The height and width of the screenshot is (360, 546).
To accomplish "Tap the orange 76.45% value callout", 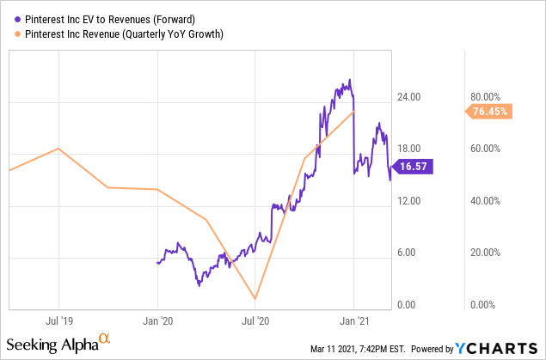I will (x=488, y=111).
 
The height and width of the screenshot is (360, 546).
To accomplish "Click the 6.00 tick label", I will (x=414, y=253).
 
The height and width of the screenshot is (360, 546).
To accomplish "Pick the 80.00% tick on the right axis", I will (x=484, y=97).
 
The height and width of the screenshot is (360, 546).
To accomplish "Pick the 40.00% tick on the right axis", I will (x=484, y=201).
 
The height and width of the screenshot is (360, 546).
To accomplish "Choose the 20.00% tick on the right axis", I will (x=484, y=253).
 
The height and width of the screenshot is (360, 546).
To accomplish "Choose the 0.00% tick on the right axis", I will (x=486, y=305).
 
